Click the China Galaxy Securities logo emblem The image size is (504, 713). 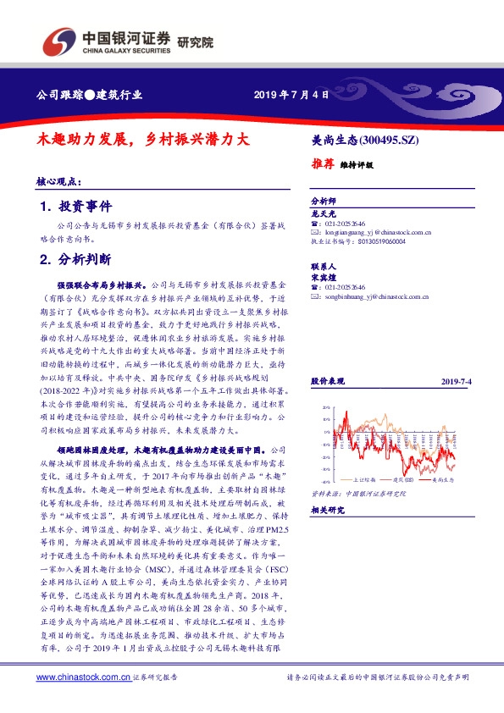coord(58,40)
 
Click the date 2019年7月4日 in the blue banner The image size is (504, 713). coord(291,95)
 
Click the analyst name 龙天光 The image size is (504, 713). coord(324,214)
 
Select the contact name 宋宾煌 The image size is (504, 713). coord(324,276)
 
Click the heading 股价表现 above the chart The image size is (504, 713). coord(327,383)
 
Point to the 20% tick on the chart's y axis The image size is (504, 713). coord(325,408)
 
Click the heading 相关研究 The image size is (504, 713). coord(327,510)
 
